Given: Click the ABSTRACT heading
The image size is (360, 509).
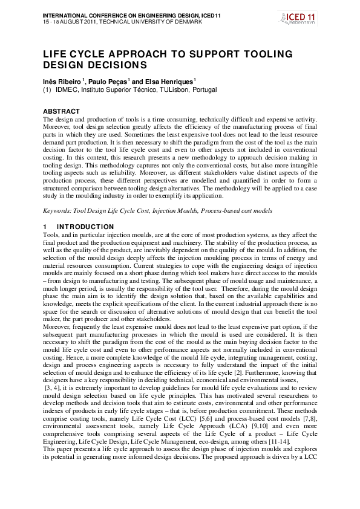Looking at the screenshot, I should (61, 111).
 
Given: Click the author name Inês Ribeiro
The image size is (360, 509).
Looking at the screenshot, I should (61, 81).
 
